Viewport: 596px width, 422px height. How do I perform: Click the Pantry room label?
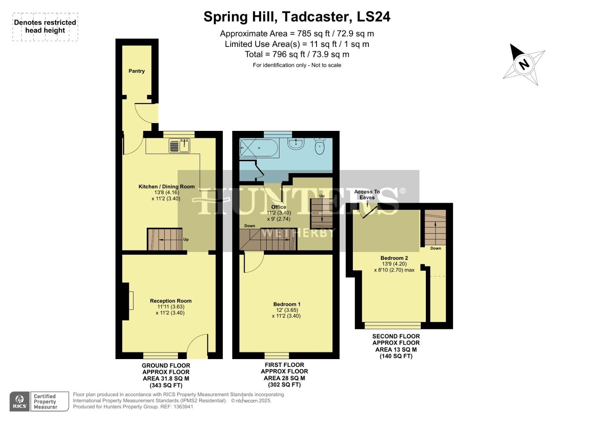pos(137,71)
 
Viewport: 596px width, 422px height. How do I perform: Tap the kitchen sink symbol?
pos(180,145)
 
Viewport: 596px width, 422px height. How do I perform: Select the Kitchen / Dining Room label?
pos(167,186)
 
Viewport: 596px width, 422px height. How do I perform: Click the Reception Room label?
pos(171,301)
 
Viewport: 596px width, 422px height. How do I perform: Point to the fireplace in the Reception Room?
pos(127,301)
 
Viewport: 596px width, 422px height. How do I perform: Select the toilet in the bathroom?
pos(320,147)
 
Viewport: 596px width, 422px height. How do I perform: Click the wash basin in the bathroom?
pos(296,144)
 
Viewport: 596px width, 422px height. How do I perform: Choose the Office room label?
pos(279,207)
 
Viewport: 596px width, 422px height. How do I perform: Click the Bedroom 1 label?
pos(287,304)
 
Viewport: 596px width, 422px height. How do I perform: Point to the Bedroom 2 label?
pos(394,258)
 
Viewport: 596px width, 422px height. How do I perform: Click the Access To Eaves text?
pos(367,195)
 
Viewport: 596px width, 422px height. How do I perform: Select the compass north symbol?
pos(523,64)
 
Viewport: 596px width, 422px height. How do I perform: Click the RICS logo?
pos(19,402)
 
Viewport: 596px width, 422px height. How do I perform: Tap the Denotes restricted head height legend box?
pos(45,27)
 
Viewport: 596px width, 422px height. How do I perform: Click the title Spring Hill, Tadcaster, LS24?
pos(297,17)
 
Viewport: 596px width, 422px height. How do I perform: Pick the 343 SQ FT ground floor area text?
pos(166,385)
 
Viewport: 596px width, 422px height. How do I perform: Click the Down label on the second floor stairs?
pos(436,248)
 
